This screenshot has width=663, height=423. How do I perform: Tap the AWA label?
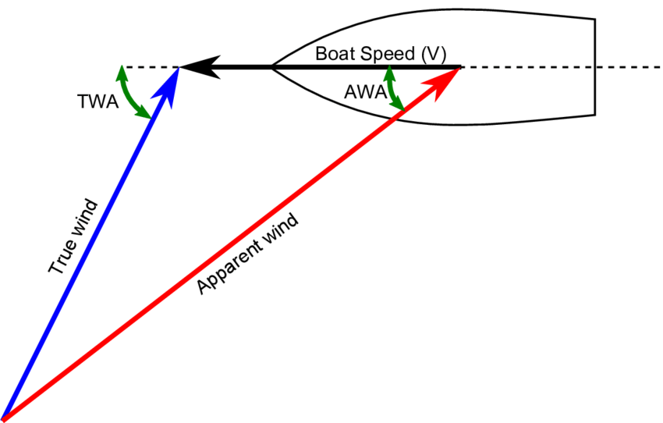[x=364, y=92]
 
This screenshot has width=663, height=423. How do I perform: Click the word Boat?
[x=335, y=55]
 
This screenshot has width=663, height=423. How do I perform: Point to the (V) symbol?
[x=432, y=55]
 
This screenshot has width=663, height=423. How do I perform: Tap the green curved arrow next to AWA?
[x=393, y=89]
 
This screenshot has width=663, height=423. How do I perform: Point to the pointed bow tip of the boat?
[x=271, y=68]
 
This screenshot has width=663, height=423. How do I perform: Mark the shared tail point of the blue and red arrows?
[x=4, y=418]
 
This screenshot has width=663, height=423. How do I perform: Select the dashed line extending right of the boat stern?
[x=628, y=68]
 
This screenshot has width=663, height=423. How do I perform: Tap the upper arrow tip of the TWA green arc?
[x=121, y=70]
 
